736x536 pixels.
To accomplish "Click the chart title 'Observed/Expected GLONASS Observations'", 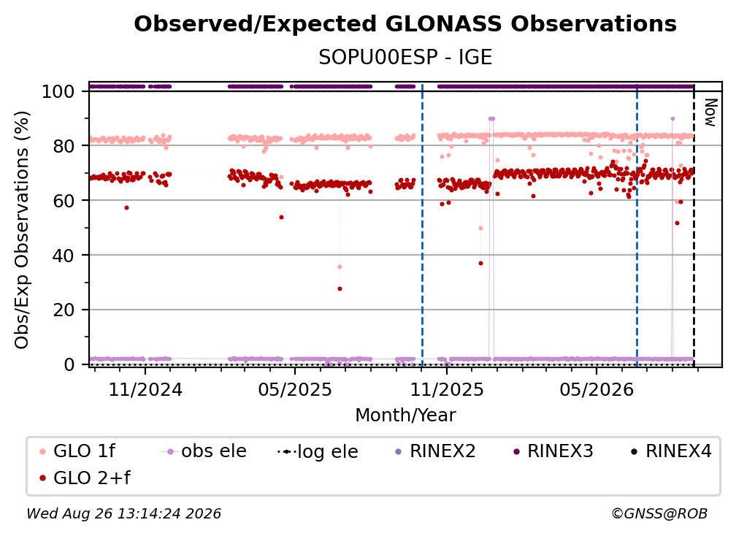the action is pos(405,24).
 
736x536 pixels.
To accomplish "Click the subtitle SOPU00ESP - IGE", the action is pos(405,57).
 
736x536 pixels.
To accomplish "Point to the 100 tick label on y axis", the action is pos(58,91).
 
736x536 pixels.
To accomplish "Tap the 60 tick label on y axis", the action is pos(64,201).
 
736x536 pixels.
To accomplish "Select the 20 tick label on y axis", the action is pos(64,310).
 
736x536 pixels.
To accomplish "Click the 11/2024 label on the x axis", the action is pos(145,390).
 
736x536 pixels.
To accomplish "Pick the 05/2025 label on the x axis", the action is pos(295,390).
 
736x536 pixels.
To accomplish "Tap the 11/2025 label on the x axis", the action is pos(447,390).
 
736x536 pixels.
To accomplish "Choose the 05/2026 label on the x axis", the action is pos(597,390).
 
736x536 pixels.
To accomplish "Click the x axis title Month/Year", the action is pos(405,416).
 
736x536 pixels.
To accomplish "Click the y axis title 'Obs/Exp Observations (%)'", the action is pos(22,230).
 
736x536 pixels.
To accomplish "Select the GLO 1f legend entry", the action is pos(77,451).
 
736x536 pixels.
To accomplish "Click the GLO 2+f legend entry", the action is pos(85,478).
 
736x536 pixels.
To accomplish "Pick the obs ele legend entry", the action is pos(204,451).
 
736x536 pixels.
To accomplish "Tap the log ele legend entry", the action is pos(318,452).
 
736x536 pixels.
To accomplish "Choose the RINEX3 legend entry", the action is pos(553,451).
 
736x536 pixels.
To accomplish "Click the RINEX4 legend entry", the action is pos(671,451).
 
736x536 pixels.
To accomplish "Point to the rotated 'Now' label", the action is pos(710,112).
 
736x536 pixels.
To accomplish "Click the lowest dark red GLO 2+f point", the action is pos(340,289).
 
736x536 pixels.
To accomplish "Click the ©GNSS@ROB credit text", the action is pos(659,514).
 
